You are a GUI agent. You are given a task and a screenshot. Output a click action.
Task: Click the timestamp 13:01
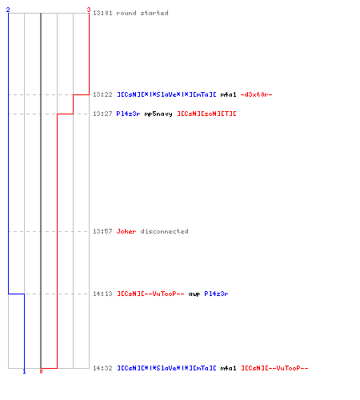(102, 13)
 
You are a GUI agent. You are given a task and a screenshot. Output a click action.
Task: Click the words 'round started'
(142, 13)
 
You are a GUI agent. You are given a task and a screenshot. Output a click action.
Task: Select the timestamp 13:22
(102, 94)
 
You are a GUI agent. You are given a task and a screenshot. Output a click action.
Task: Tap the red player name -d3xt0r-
(256, 94)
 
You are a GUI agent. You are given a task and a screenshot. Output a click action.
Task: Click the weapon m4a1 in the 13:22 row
(228, 94)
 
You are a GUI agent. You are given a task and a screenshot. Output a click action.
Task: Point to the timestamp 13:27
(102, 114)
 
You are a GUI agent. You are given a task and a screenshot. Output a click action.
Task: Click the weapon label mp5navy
(158, 114)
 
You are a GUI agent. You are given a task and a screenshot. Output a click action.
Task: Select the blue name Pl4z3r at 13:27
(128, 114)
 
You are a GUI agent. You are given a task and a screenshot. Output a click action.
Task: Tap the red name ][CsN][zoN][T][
(207, 114)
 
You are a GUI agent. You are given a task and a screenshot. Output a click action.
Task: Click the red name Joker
(126, 231)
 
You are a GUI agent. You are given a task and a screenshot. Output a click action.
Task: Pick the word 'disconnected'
(165, 231)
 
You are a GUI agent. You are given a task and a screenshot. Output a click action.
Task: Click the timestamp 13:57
(102, 231)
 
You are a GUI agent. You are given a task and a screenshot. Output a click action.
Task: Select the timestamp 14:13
(102, 294)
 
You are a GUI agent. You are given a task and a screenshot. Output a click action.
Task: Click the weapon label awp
(194, 294)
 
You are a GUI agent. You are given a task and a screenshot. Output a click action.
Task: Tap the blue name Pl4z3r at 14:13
(216, 294)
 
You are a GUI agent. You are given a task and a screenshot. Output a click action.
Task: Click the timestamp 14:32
(102, 368)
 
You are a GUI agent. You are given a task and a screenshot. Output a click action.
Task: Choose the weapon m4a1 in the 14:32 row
(228, 368)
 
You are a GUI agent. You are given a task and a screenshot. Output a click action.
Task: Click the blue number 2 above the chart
(8, 10)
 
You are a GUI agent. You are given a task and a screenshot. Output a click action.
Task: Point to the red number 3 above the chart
(89, 10)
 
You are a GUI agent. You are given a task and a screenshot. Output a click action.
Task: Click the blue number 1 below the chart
(24, 371)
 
